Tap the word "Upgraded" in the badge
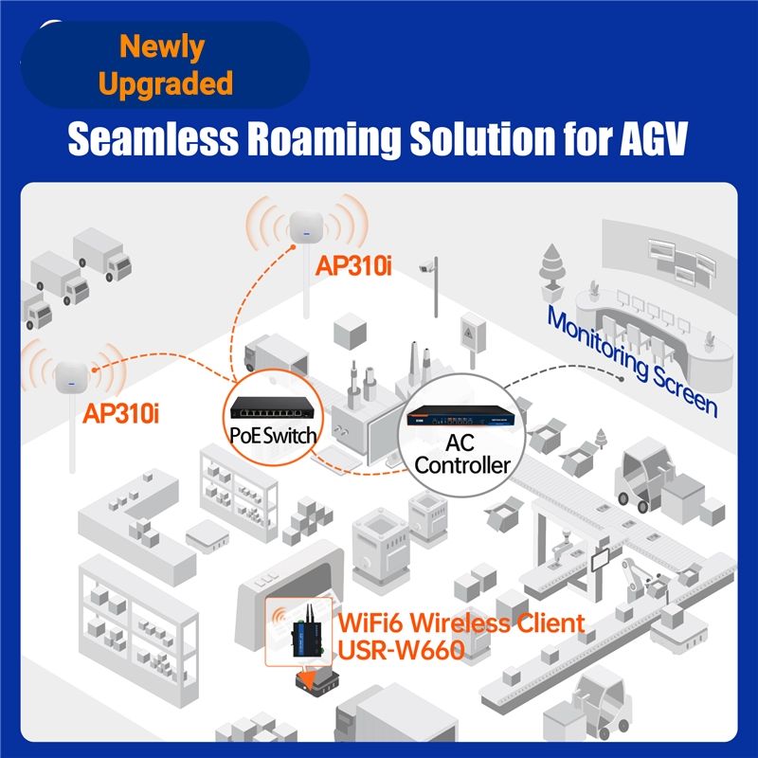coord(165,83)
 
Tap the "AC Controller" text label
coord(462,453)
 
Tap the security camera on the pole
coord(428,266)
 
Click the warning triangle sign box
coord(470,335)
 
